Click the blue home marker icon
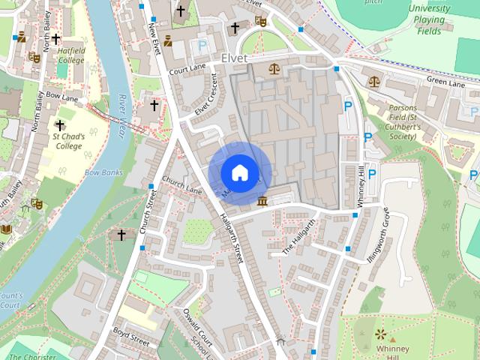(238, 172)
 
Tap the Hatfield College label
(71, 55)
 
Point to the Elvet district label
(235, 57)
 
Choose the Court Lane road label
(187, 70)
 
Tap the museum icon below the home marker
(262, 201)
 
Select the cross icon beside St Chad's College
(60, 125)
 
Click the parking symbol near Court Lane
(201, 46)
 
